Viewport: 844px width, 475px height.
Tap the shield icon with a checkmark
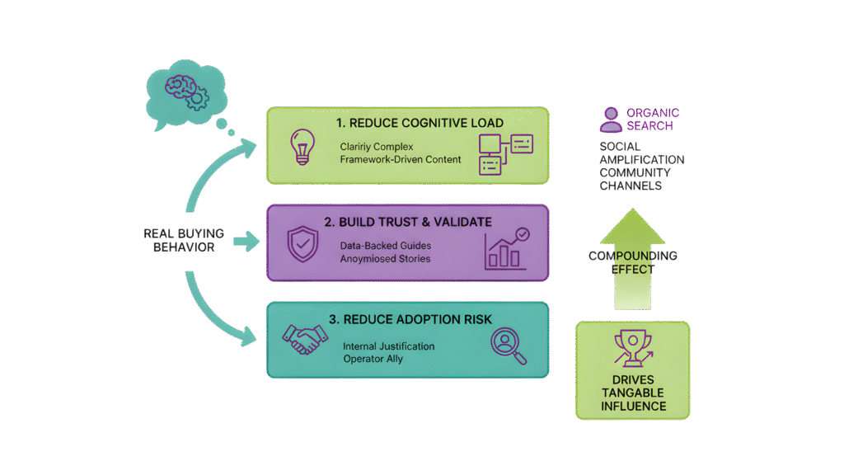pyautogui.click(x=300, y=245)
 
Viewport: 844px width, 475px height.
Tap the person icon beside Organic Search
pyautogui.click(x=611, y=120)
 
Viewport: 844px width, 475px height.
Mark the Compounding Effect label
pyautogui.click(x=633, y=262)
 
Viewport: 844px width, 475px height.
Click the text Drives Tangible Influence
pyautogui.click(x=632, y=393)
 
